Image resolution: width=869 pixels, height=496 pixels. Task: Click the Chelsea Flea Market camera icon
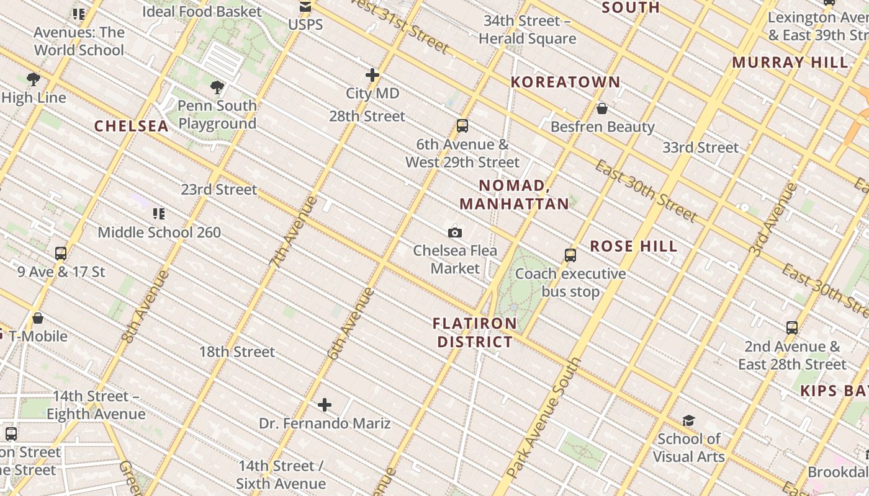tap(455, 232)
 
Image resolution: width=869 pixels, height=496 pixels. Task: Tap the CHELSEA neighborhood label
tap(131, 126)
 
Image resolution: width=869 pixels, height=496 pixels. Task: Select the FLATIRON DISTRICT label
tap(475, 332)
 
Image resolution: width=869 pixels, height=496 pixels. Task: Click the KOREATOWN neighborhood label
tap(565, 82)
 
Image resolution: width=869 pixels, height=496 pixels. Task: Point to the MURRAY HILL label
tap(790, 62)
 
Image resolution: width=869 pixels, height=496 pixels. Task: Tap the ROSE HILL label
tap(634, 246)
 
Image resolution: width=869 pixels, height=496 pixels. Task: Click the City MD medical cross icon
tap(372, 75)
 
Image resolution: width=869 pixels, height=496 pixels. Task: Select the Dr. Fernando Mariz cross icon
tap(324, 405)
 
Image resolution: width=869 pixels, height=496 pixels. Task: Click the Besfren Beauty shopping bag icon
tap(601, 109)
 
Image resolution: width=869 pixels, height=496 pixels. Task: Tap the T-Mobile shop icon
tap(38, 318)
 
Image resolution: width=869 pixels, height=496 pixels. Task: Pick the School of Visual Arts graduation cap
tap(688, 421)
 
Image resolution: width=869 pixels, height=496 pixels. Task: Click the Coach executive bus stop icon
tap(570, 255)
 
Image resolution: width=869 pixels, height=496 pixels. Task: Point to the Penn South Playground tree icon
tap(217, 87)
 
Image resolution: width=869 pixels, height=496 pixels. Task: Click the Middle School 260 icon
tap(159, 214)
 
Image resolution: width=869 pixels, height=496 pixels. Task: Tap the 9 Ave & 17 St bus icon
tap(60, 253)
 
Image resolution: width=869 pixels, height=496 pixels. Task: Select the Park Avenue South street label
tap(544, 418)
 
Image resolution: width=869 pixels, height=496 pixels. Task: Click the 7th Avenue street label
tap(294, 231)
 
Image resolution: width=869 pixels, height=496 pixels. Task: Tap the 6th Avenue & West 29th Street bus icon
tap(462, 126)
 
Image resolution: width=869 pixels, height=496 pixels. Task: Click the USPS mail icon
tap(305, 7)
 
